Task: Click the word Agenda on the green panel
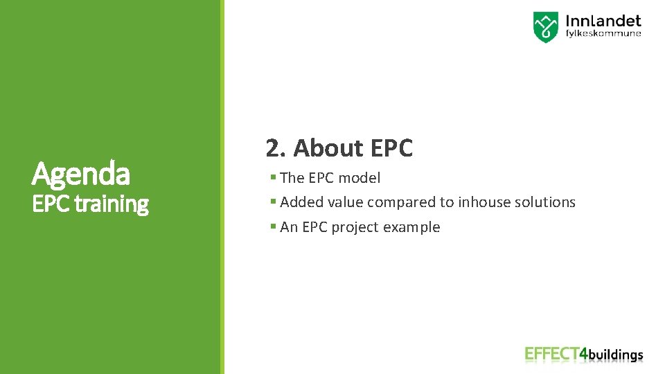pyautogui.click(x=80, y=174)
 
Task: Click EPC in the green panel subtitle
pyautogui.click(x=51, y=204)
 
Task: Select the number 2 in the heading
pyautogui.click(x=272, y=148)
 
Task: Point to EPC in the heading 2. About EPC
pyautogui.click(x=391, y=148)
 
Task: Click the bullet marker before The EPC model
pyautogui.click(x=274, y=178)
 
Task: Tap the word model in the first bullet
pyautogui.click(x=361, y=178)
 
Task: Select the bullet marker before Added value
pyautogui.click(x=274, y=202)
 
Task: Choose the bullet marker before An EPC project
pyautogui.click(x=274, y=226)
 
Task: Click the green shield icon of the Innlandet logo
pyautogui.click(x=545, y=27)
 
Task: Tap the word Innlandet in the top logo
pyautogui.click(x=603, y=21)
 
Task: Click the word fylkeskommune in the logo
pyautogui.click(x=603, y=34)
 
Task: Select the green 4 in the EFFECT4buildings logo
pyautogui.click(x=583, y=354)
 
